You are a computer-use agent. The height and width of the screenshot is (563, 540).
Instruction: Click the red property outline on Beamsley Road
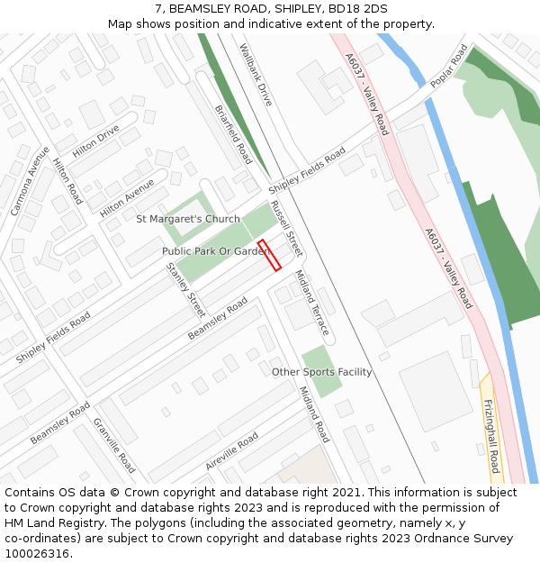[269, 255]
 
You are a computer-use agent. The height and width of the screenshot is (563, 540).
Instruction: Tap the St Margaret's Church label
[187, 219]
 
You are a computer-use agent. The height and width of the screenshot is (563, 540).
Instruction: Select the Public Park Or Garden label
[215, 251]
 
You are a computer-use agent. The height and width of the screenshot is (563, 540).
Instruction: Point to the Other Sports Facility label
[321, 372]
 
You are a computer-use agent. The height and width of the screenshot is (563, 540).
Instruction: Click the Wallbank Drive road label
[256, 73]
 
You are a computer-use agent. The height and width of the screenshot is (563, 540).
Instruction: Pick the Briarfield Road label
[233, 134]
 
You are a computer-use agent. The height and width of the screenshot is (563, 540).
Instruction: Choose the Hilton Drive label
[95, 141]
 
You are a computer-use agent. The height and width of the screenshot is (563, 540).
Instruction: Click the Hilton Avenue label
[127, 197]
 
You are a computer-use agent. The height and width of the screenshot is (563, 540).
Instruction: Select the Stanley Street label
[186, 289]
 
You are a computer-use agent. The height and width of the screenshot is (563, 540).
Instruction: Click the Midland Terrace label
[312, 304]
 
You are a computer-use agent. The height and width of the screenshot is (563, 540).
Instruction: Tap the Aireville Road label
[231, 450]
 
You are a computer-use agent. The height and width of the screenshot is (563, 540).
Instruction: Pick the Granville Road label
[114, 445]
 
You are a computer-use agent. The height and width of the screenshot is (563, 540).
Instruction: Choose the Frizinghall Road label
[491, 437]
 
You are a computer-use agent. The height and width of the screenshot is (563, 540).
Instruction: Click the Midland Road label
[314, 414]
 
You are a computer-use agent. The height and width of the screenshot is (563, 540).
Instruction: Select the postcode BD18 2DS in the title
[350, 9]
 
